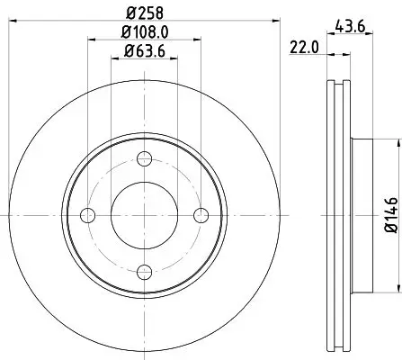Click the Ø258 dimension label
[x=145, y=13]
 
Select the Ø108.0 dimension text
[x=145, y=32]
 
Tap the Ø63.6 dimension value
[x=145, y=51]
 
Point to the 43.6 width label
[x=350, y=26]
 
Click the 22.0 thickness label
[x=304, y=48]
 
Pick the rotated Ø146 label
[x=391, y=215]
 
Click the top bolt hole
[x=144, y=158]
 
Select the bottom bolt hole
[x=144, y=272]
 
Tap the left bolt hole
[x=87, y=215]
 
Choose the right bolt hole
[x=201, y=215]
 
